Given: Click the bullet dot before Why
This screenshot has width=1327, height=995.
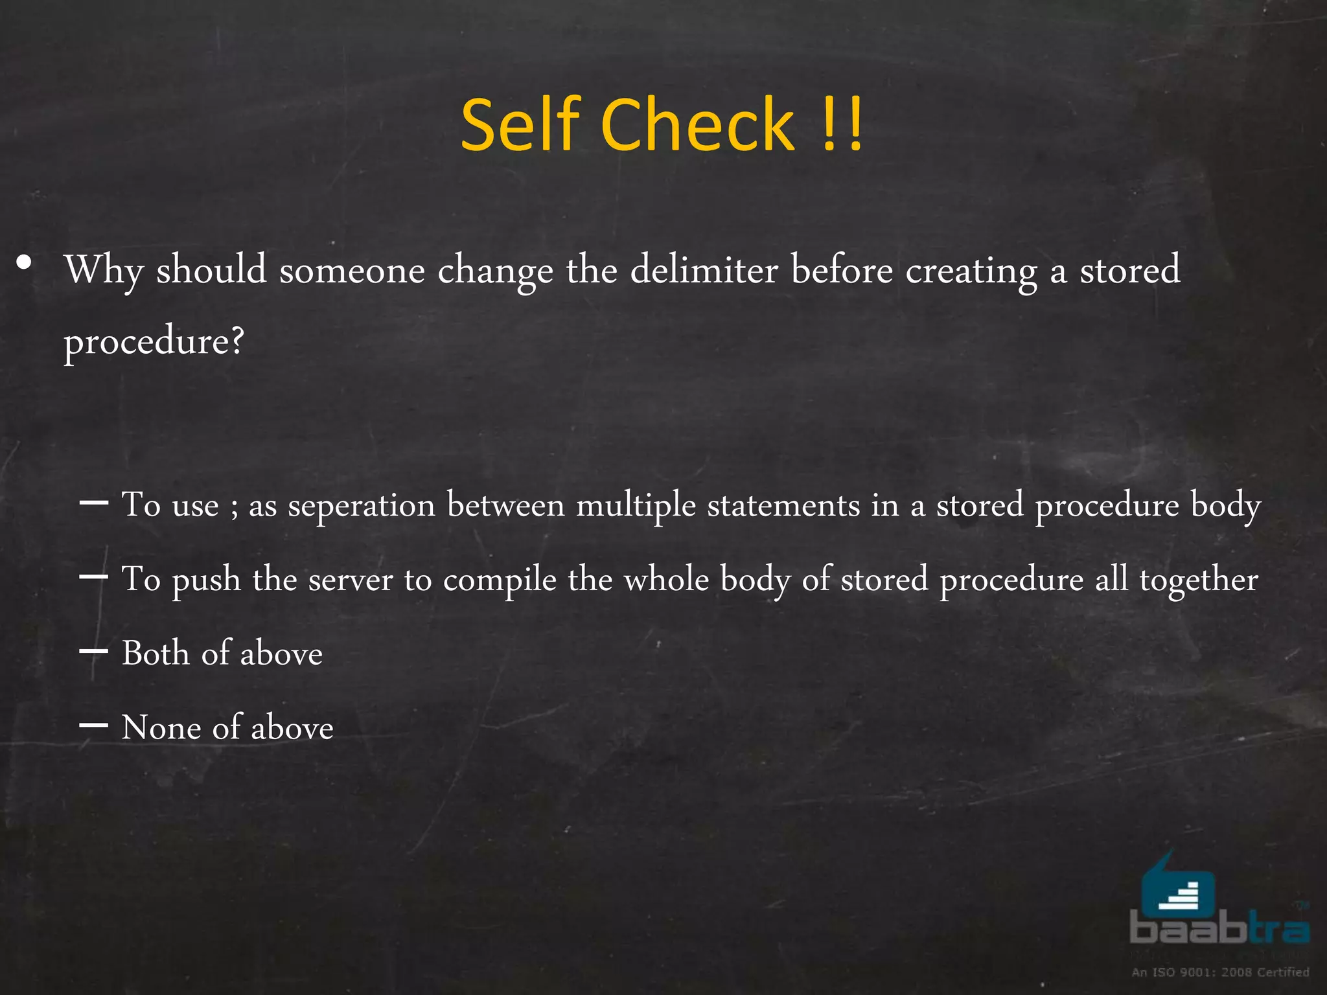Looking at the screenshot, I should pyautogui.click(x=24, y=263).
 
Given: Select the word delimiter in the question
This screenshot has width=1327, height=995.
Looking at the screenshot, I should pyautogui.click(x=704, y=269).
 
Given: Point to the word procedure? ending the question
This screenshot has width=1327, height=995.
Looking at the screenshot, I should pyautogui.click(x=154, y=341).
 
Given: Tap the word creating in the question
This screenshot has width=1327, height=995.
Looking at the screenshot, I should pyautogui.click(x=971, y=271).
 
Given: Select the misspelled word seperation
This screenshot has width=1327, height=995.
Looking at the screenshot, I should pyautogui.click(x=361, y=506).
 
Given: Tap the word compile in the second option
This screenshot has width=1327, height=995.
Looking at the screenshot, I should pyautogui.click(x=500, y=580).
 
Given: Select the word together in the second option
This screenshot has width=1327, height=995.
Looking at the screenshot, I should pyautogui.click(x=1199, y=580).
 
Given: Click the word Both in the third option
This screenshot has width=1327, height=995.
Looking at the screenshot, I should pyautogui.click(x=155, y=653).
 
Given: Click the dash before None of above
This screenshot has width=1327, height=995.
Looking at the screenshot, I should pyautogui.click(x=93, y=725).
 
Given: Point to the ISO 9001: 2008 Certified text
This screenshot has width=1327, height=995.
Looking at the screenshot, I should pyautogui.click(x=1220, y=972).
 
